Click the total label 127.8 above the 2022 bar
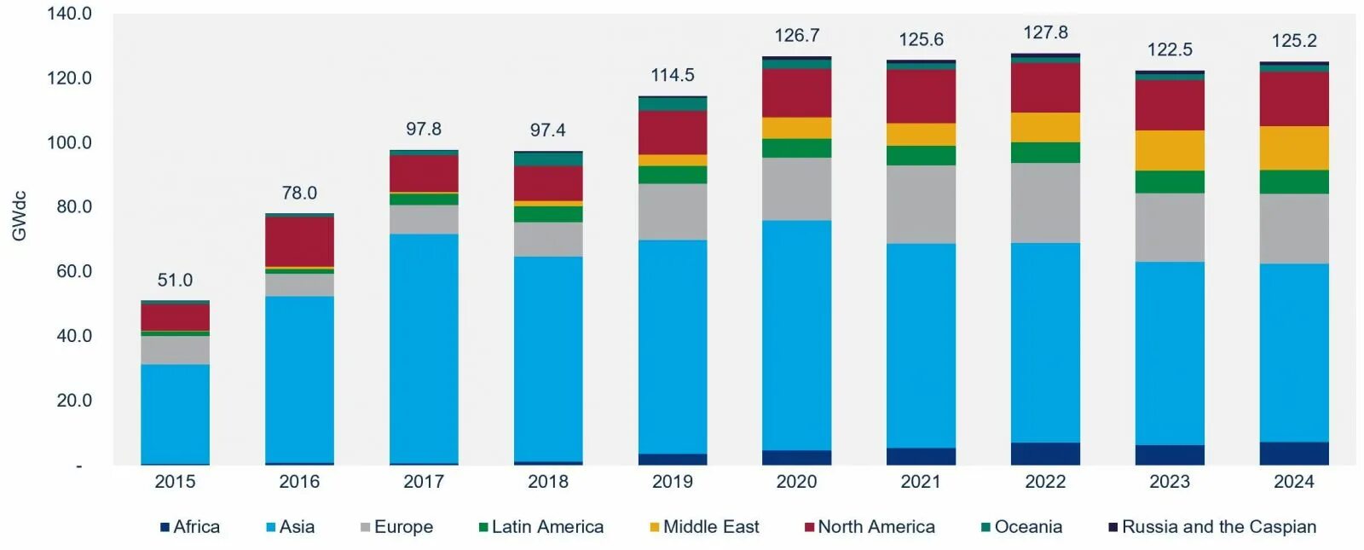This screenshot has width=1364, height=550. (1045, 32)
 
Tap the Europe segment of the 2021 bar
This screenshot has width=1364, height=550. (921, 205)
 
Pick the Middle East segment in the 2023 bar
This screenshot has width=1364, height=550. (1170, 150)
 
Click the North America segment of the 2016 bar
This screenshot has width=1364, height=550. (299, 242)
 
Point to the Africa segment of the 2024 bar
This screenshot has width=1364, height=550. (1294, 453)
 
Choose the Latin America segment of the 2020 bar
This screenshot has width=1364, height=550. (796, 148)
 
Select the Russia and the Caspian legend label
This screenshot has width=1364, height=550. (1218, 527)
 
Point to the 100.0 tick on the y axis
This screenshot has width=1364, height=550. (69, 142)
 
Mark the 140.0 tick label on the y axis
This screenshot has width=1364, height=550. (69, 14)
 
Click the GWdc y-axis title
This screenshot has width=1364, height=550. (19, 216)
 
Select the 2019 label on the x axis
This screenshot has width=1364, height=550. (673, 482)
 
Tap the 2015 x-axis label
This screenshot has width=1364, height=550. (175, 482)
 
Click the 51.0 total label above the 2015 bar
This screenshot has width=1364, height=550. (175, 280)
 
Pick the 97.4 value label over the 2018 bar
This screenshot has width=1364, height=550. (547, 130)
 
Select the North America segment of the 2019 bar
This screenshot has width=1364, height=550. (673, 132)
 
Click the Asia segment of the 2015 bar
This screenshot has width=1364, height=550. (175, 414)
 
